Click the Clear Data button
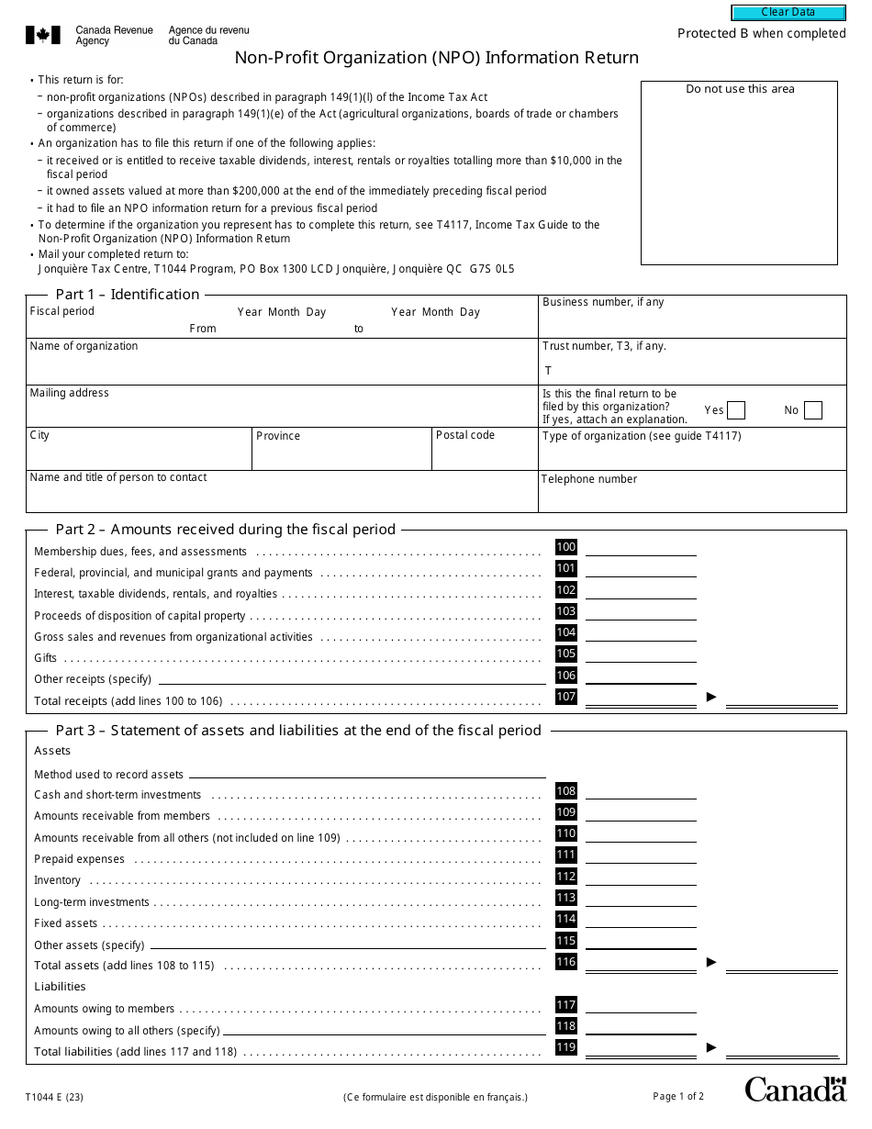pos(788,13)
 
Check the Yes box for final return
pos(735,410)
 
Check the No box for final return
pos(812,410)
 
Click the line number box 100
pos(566,548)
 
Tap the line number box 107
pos(566,698)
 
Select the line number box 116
pos(566,962)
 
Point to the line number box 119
pos(566,1047)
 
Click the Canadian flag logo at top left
pos(42,36)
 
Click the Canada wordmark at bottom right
pos(795,1090)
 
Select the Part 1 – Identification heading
pos(128,295)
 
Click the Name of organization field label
pos(84,346)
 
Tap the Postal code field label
pos(465,435)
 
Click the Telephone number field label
pos(588,479)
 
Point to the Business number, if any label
pos(603,302)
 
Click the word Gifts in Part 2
pos(46,658)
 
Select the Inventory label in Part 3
pos(57,880)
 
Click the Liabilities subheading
pos(60,987)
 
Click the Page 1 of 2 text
pos(678,1096)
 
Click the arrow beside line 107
pos(711,698)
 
